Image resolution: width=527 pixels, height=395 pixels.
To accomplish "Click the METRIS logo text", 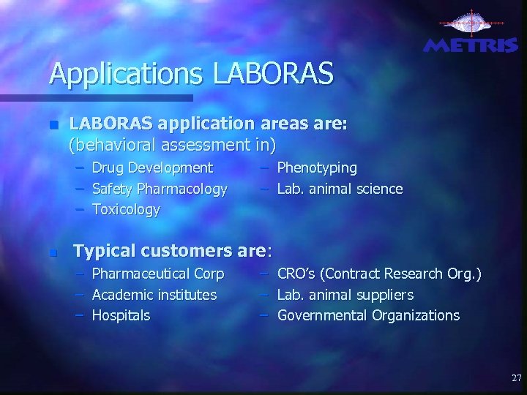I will click(471, 45).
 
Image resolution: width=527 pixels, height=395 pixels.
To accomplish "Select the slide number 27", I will click(516, 378).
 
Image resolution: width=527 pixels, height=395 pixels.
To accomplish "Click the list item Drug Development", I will click(152, 168).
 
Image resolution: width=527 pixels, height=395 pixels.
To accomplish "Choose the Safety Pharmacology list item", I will click(160, 189).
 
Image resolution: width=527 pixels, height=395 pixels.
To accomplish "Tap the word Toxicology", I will click(126, 210).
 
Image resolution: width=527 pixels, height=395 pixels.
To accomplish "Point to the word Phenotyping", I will click(317, 168).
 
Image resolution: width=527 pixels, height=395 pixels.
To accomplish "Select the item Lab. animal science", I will click(340, 189).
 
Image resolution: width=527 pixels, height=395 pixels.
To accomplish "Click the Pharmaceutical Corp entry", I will click(158, 274).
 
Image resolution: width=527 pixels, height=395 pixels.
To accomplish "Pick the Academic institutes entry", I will click(154, 295).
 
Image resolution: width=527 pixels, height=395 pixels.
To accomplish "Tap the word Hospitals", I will click(121, 316).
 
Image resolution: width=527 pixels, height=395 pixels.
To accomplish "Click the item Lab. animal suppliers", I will click(345, 295).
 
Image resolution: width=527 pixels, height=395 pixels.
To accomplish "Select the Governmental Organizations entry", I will click(368, 316).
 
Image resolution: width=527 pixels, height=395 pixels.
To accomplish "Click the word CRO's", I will click(296, 274).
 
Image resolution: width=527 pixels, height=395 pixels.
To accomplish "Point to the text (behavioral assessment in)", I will click(172, 146).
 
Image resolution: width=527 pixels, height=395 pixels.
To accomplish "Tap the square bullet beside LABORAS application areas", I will click(51, 125).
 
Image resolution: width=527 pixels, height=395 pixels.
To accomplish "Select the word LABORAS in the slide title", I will click(273, 74).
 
